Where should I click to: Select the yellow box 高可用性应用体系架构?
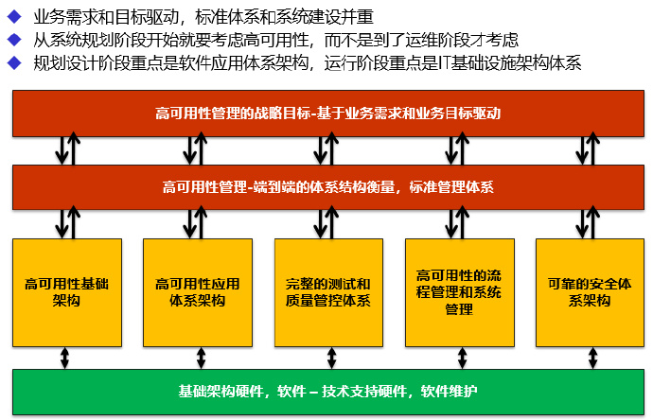point(198,292)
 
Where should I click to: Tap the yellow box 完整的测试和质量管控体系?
point(328,292)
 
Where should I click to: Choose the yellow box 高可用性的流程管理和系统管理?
point(459,292)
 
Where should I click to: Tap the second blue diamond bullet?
point(13,41)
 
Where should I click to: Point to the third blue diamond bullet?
point(13,63)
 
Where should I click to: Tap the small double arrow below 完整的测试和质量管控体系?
point(328,358)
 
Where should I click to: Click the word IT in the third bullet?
point(449,63)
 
